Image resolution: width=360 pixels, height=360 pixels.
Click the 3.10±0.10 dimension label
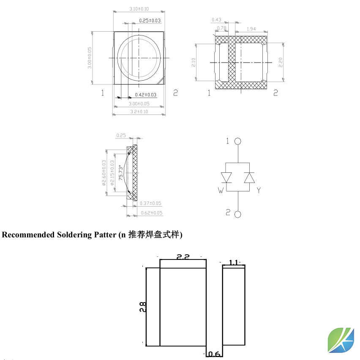[x=139, y=8]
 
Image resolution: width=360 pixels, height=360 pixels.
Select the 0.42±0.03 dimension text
[x=145, y=95]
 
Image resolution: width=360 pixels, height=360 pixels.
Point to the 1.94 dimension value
[x=251, y=28]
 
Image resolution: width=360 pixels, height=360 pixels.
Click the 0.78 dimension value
[x=221, y=28]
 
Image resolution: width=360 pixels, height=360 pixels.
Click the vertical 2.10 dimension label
[x=193, y=63]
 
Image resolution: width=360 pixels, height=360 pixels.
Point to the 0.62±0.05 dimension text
[x=151, y=213]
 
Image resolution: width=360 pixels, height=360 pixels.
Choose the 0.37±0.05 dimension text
[x=151, y=204]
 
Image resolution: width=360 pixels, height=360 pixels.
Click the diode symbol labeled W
[x=227, y=177]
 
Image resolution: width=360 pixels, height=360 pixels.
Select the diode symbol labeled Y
[x=249, y=177]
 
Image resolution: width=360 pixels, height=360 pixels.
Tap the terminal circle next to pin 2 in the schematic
[x=238, y=214]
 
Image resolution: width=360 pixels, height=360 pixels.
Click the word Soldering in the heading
[x=74, y=235]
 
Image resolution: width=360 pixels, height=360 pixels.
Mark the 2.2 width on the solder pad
[x=183, y=257]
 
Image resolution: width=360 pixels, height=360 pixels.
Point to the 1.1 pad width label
[x=233, y=262]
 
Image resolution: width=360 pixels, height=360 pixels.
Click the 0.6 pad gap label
[x=215, y=354]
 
